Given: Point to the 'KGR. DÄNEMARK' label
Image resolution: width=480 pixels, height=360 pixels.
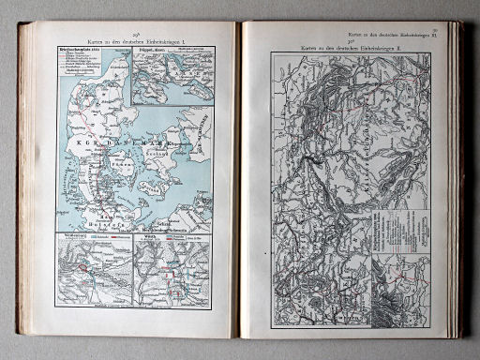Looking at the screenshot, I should [x=122, y=139].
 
